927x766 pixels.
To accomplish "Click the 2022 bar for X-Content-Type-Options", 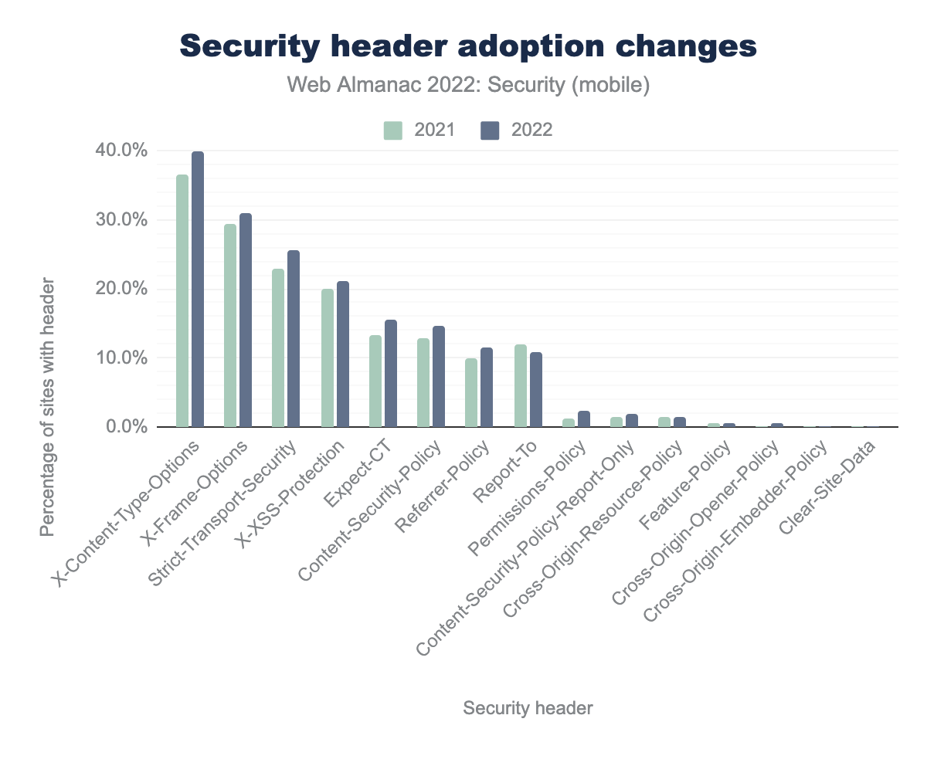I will click(198, 290).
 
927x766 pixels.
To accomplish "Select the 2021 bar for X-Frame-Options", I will click(230, 325).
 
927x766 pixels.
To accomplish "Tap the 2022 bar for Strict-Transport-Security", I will click(294, 338).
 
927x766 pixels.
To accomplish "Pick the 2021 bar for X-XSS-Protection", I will click(328, 358).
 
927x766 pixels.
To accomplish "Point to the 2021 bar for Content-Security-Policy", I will click(423, 382).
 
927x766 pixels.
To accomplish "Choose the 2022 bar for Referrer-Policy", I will click(487, 387).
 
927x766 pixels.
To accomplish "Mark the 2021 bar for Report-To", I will click(521, 385).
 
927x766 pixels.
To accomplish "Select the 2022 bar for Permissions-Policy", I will click(584, 419).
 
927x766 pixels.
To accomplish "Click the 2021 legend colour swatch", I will click(393, 130).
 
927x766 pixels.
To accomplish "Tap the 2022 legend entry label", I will click(531, 130).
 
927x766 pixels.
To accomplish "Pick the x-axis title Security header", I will click(528, 708).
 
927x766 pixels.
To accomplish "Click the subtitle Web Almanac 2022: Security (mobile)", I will click(468, 85).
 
